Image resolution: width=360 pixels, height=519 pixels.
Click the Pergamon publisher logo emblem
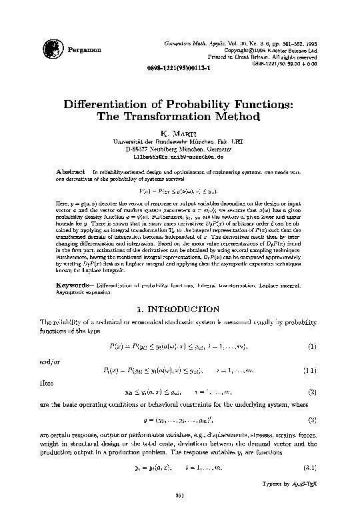[50, 47]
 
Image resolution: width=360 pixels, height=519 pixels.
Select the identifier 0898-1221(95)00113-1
[179, 67]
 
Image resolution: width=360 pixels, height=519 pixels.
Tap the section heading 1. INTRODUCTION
[179, 310]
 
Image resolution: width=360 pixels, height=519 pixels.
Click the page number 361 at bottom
[179, 495]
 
